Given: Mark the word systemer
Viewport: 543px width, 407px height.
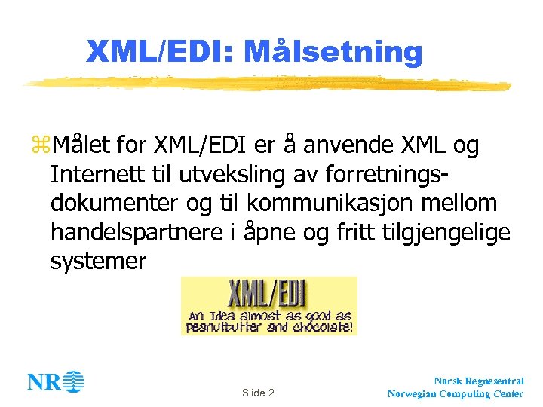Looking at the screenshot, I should pos(98,262).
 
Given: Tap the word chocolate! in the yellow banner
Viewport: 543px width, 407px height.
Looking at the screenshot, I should pos(322,327).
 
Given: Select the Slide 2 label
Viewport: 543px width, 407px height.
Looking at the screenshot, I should pos(258,393).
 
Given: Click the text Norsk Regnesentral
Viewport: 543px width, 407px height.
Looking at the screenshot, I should pos(479,382).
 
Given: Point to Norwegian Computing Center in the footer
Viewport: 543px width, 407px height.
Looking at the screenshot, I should pos(456,394).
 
